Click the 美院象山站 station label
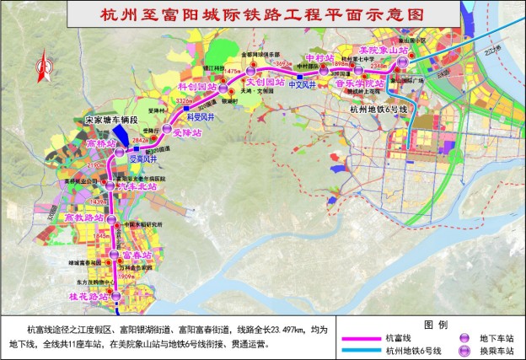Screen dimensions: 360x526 [x=384, y=51]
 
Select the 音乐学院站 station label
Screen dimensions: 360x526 [x=359, y=84]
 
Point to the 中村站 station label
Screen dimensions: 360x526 [x=320, y=57]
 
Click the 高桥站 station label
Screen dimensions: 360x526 [x=104, y=144]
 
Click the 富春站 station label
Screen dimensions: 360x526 [x=137, y=253]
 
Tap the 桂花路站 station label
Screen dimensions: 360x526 [x=87, y=297]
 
